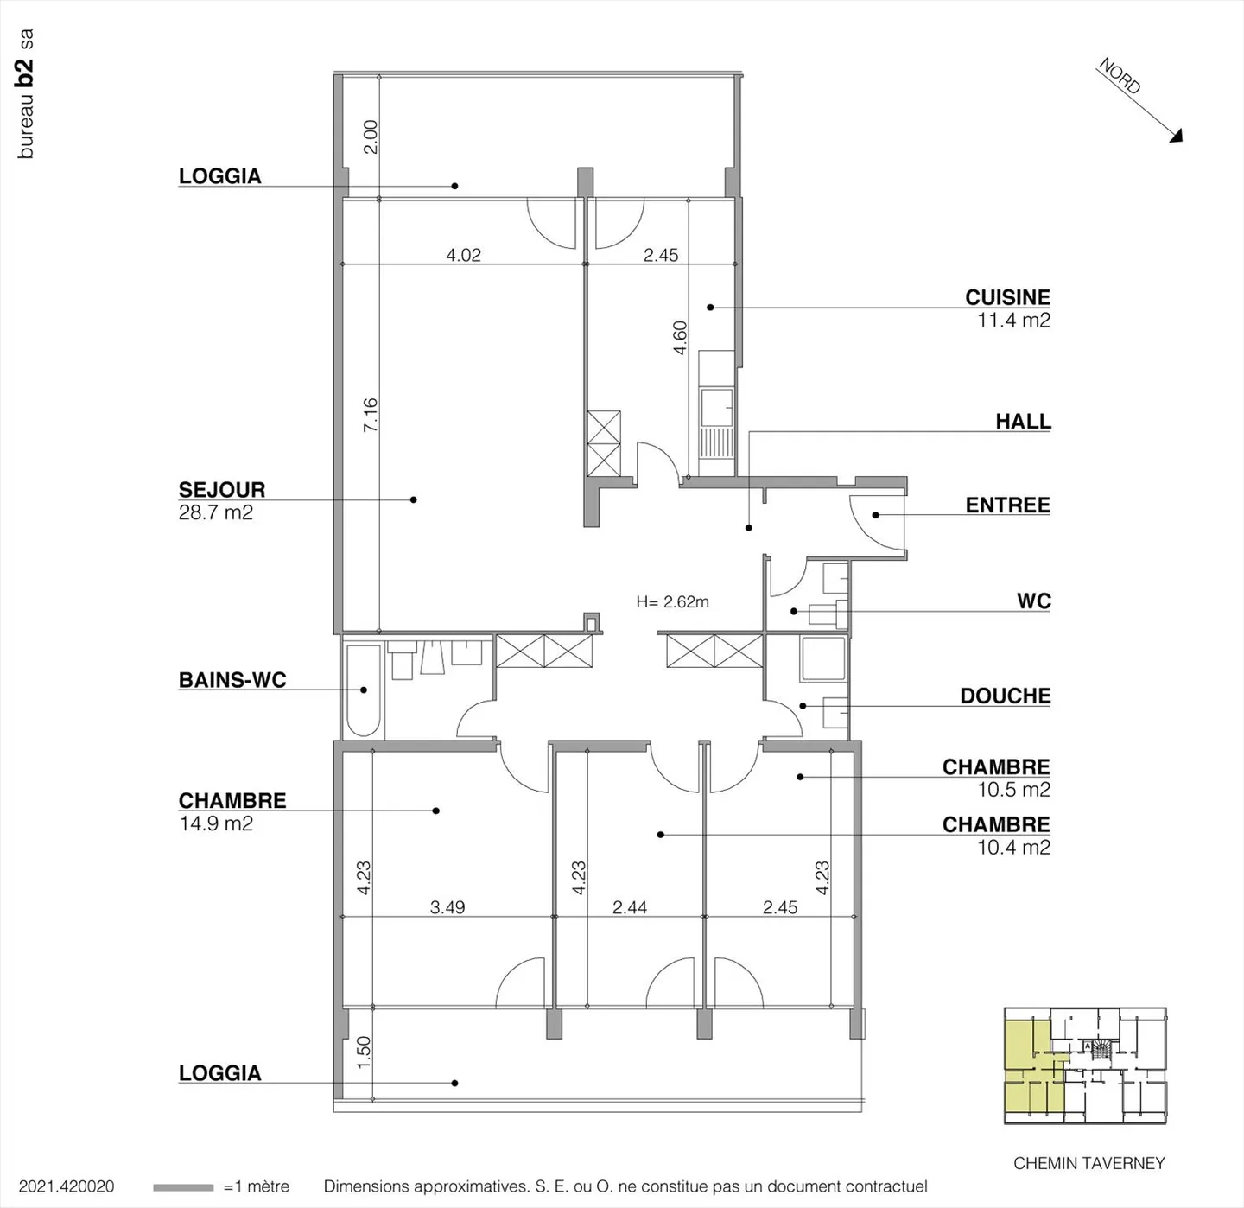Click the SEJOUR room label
click(x=221, y=489)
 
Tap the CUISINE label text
click(x=1007, y=296)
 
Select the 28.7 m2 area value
click(x=215, y=512)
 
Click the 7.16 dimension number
click(x=370, y=415)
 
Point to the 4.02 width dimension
click(x=463, y=255)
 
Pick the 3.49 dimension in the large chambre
click(x=447, y=907)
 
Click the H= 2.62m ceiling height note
click(x=672, y=602)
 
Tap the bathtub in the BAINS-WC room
click(x=364, y=690)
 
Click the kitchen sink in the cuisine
click(x=716, y=407)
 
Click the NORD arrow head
click(x=1175, y=135)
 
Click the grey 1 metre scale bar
click(x=183, y=1187)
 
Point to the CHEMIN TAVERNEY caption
click(x=1088, y=1163)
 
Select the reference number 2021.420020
click(x=67, y=1187)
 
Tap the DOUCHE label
click(x=1005, y=696)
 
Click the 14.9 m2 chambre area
click(x=215, y=823)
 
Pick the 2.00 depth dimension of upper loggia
click(x=370, y=137)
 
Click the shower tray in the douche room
click(x=822, y=659)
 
